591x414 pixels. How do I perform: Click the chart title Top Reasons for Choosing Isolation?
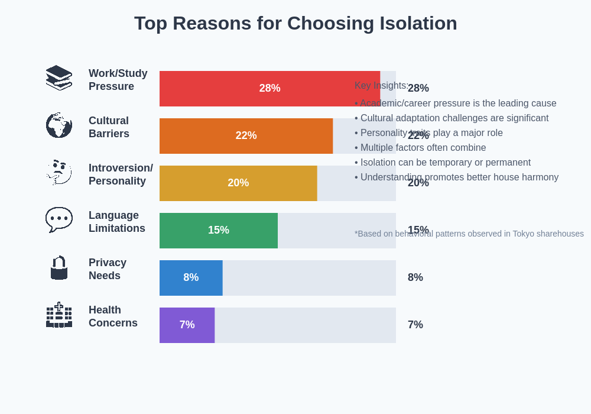(295, 23)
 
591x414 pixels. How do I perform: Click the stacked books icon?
(59, 77)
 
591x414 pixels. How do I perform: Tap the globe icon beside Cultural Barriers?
(59, 125)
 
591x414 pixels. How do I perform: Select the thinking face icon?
(59, 172)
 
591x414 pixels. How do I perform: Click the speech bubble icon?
(59, 219)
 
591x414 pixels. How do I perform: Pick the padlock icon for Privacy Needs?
(59, 267)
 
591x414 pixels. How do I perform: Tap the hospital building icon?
(59, 315)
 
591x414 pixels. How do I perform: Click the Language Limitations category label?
(117, 222)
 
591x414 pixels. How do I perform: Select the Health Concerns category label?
(113, 316)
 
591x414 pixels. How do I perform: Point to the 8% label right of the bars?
(415, 277)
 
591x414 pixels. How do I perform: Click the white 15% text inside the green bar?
(219, 230)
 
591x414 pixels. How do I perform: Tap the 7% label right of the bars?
(415, 325)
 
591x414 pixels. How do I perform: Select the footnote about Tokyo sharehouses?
(469, 234)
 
